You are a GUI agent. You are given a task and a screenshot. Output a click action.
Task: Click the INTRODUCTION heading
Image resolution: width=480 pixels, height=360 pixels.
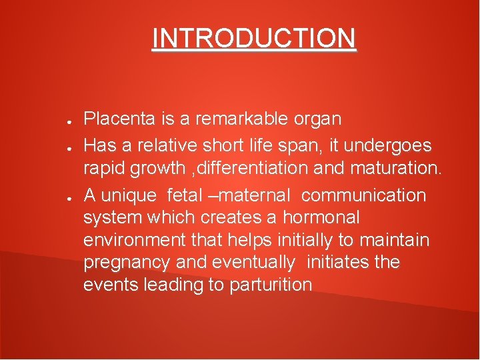tap(254, 39)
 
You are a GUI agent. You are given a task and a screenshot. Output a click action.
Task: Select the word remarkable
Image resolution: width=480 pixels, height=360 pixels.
tap(239, 119)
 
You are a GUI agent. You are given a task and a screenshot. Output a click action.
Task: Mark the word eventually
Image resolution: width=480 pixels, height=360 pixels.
tap(254, 263)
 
